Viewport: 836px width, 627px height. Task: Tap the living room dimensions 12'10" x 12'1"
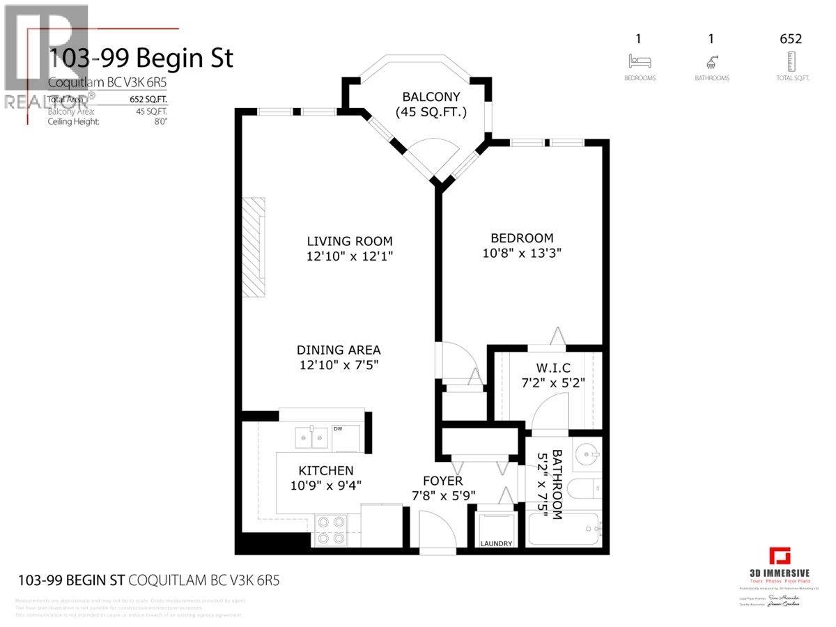click(x=350, y=256)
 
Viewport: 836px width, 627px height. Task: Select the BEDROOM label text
click(x=521, y=238)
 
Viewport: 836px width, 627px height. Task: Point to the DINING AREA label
click(x=339, y=350)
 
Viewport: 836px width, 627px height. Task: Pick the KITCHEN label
click(x=326, y=470)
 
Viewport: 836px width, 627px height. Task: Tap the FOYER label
click(x=442, y=481)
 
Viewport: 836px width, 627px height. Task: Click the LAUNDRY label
click(x=496, y=543)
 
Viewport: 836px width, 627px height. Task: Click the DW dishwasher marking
click(x=339, y=429)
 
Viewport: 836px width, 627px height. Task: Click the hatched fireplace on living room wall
click(x=253, y=248)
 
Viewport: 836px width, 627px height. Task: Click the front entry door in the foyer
click(x=438, y=529)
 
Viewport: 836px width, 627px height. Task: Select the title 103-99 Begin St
click(x=141, y=58)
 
